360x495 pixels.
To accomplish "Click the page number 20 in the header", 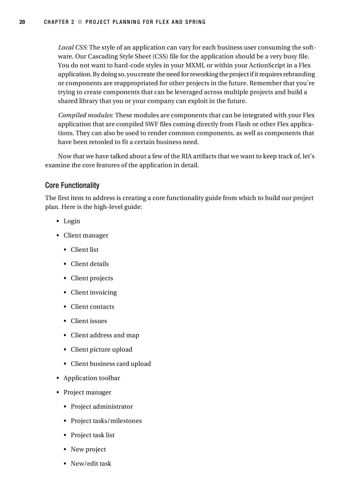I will point(22,22).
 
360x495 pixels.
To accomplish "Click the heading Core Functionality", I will point(72,185).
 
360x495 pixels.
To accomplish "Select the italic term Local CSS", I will point(72,48).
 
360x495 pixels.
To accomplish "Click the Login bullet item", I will point(71,221).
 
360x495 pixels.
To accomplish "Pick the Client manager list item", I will point(86,235).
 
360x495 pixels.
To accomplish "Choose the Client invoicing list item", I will point(94,293).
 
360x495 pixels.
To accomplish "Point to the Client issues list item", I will point(89,321).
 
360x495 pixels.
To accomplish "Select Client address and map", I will point(105,335).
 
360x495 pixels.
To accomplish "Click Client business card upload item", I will point(110,364).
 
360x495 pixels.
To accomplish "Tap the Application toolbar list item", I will point(91,378).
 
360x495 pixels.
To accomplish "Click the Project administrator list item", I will point(101,407).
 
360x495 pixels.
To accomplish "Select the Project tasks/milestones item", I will point(106,421).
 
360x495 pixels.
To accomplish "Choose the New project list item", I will point(88,450).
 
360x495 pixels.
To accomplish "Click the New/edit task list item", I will point(91,464).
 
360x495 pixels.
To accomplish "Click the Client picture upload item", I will point(101,350).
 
